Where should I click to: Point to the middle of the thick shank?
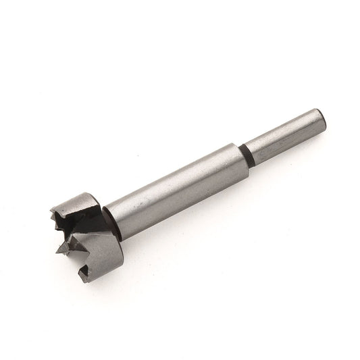pos(176,192)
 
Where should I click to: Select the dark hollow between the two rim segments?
pos(81,233)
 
